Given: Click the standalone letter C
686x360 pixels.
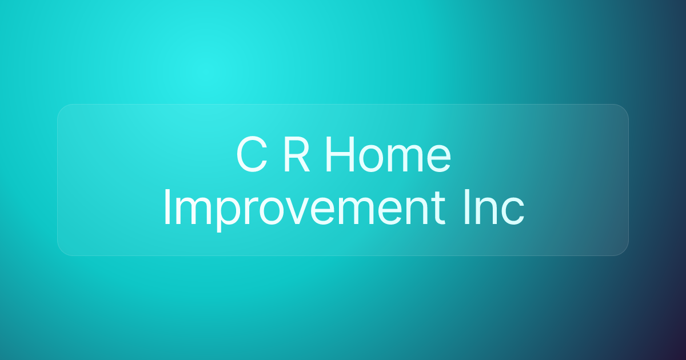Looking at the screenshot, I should [252, 155].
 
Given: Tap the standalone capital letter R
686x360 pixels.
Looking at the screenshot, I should [296, 155].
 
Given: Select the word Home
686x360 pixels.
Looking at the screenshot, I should [388, 155].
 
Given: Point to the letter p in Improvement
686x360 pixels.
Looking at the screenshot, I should [218, 214].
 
